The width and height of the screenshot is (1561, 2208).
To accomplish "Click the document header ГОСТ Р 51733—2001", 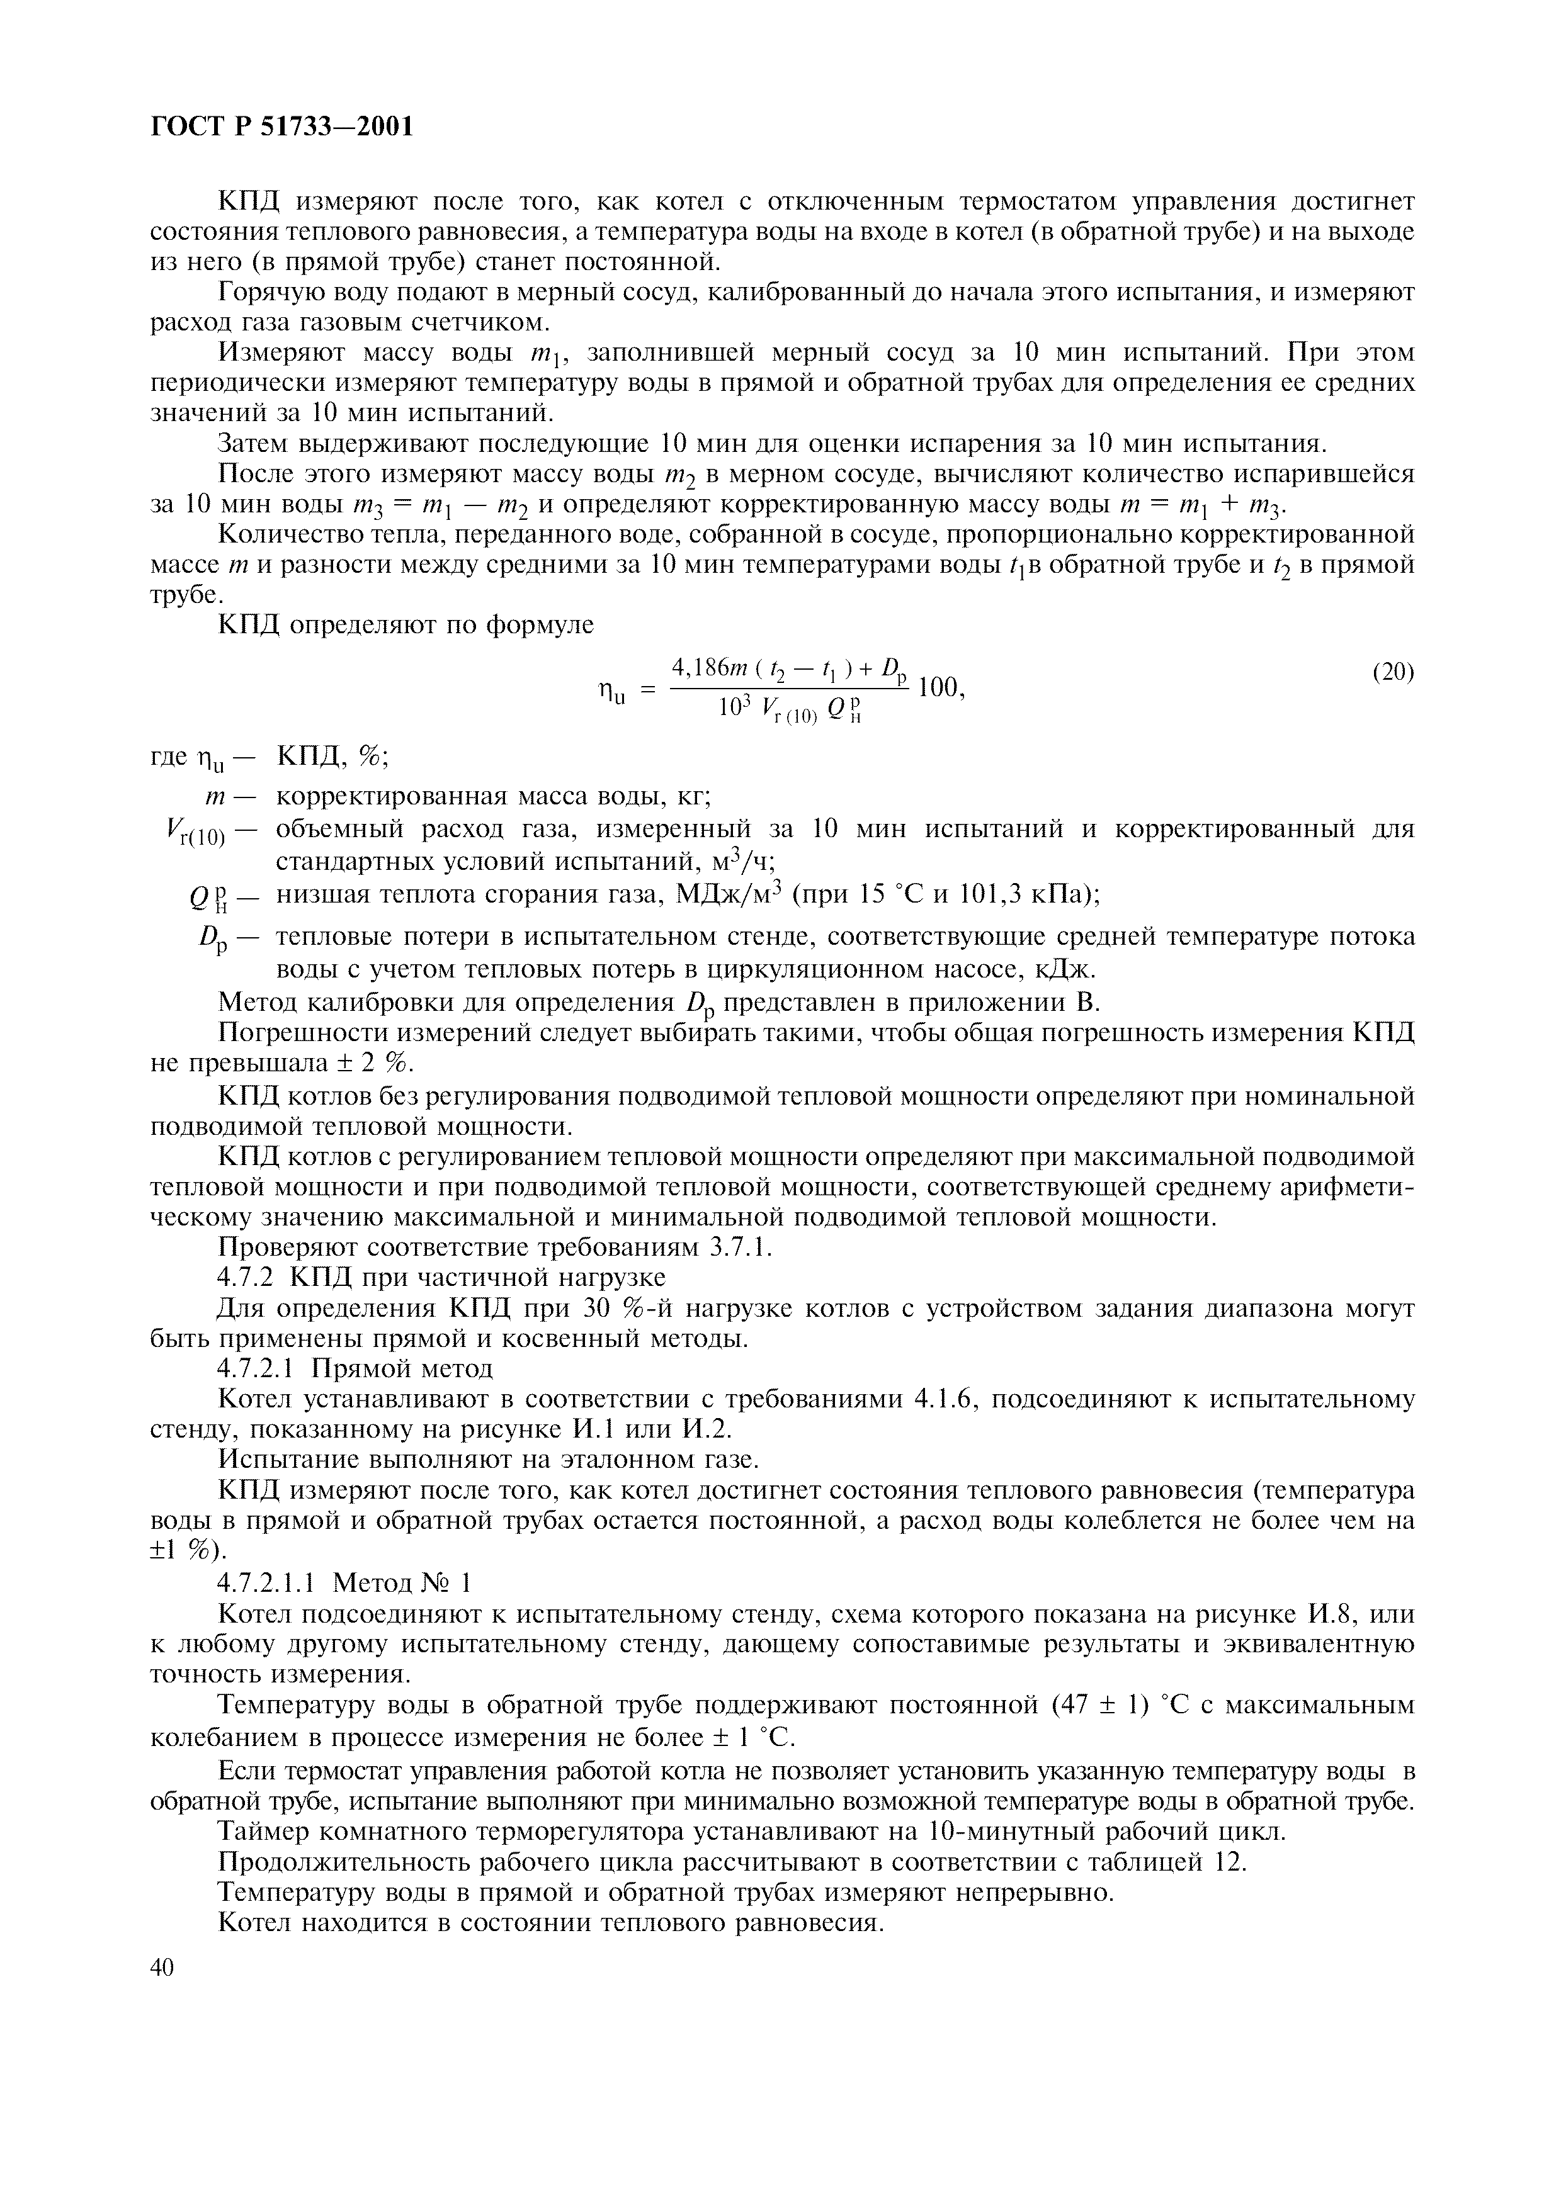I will [283, 126].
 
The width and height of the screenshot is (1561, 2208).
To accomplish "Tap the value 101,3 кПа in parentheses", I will [1032, 894].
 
